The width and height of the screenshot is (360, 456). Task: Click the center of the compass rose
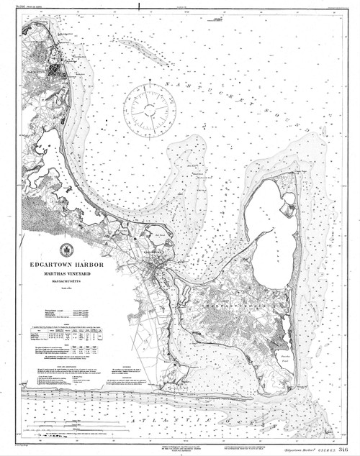[x=148, y=109]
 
